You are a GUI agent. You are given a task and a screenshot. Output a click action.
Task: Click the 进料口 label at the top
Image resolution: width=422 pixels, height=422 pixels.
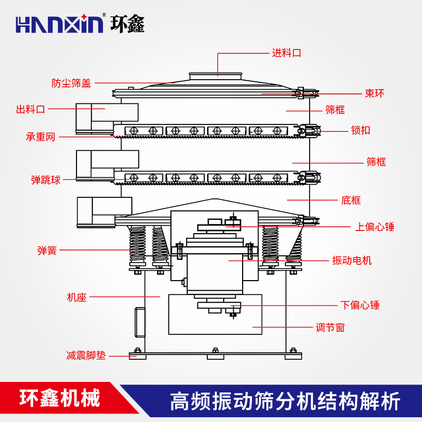[286, 53]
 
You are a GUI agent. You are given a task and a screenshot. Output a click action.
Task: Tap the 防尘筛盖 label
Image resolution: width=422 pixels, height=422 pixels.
[71, 83]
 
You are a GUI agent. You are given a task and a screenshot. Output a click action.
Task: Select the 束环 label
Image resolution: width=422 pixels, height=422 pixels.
[375, 94]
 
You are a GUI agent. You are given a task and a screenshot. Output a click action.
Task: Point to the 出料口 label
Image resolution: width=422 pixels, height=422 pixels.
[31, 110]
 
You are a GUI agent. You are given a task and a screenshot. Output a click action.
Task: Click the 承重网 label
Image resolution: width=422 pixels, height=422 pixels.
[41, 137]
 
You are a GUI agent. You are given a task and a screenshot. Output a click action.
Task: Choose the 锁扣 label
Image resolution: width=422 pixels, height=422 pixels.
[360, 130]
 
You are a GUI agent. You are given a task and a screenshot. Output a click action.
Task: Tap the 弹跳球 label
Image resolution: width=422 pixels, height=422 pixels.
[46, 180]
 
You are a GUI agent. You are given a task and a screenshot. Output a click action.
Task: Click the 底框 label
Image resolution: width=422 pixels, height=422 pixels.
[351, 200]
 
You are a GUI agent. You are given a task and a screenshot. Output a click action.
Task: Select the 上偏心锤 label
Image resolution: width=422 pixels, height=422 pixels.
[375, 227]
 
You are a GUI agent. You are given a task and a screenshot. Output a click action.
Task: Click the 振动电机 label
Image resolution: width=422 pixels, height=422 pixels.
[352, 261]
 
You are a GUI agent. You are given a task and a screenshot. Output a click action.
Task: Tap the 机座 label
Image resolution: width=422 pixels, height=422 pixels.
[76, 298]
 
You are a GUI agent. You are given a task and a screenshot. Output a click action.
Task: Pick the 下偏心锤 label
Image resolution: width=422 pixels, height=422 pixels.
[360, 305]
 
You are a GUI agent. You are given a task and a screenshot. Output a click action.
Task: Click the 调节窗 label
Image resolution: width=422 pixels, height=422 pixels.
[330, 328]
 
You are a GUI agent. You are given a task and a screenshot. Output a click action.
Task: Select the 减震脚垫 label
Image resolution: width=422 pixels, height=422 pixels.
[86, 356]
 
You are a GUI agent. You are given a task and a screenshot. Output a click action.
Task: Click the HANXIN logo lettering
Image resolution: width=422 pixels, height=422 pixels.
[60, 24]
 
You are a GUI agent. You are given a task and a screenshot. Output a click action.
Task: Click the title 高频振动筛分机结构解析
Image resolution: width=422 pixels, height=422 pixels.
[285, 401]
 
